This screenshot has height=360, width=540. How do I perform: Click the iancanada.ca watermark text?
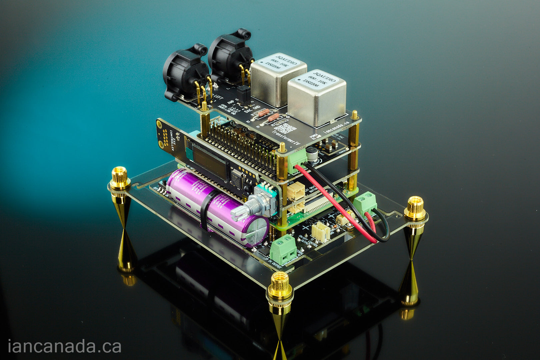coord(64,346)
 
